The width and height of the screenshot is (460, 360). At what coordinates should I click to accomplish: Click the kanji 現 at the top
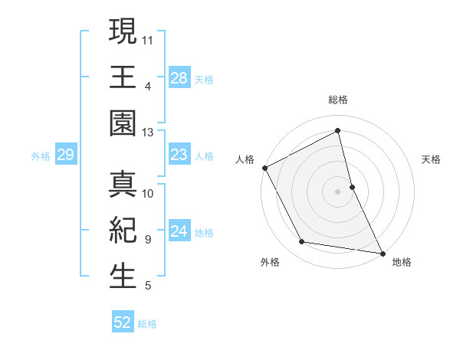123,34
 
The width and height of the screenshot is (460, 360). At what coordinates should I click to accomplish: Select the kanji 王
123,77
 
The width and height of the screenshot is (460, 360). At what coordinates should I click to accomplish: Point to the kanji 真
123,187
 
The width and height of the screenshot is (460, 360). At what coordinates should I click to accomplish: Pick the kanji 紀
123,231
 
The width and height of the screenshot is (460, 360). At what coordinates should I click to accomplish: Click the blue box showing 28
179,78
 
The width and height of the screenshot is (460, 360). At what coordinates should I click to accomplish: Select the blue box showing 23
179,155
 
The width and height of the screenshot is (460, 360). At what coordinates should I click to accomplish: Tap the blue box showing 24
179,232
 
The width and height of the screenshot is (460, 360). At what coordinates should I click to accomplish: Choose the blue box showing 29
65,155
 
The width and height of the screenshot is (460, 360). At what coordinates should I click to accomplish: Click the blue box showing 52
123,322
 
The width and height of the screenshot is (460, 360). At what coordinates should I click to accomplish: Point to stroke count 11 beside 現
148,39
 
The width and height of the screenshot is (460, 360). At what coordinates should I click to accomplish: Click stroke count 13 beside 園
148,133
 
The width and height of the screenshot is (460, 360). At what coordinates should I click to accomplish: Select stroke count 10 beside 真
148,193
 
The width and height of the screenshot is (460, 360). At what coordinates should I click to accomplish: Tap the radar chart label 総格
338,100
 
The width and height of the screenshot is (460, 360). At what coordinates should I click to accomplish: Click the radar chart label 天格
432,159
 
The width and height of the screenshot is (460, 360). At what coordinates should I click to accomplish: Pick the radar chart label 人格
245,159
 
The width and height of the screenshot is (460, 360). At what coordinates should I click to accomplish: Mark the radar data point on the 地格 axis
382,253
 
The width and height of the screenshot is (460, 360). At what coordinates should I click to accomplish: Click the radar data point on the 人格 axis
265,168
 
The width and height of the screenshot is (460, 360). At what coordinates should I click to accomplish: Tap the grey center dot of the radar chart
338,191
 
